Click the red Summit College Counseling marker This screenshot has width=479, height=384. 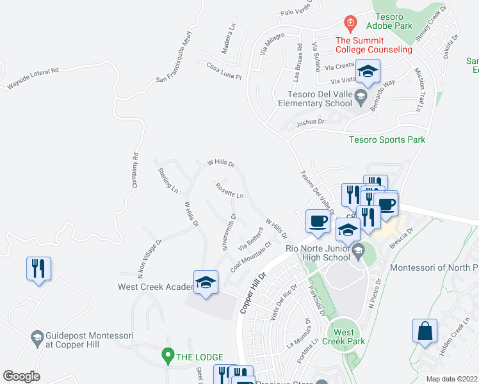tap(350, 24)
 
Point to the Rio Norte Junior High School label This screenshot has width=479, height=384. tap(318, 253)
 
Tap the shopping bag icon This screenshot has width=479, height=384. tap(425, 331)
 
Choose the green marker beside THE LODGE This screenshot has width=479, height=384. tap(168, 354)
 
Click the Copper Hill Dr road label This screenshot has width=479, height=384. tap(253, 294)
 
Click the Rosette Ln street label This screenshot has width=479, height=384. tap(230, 190)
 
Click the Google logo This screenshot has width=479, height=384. tap(21, 376)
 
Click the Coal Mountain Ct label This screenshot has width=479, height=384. tap(252, 255)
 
